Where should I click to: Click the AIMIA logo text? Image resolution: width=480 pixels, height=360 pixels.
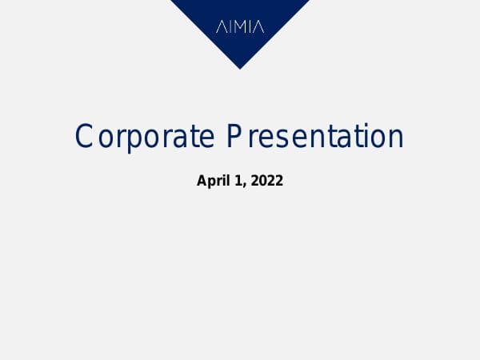tap(240, 27)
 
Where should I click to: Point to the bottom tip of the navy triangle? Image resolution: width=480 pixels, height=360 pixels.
tap(240, 68)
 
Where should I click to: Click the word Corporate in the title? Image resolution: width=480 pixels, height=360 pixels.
tap(145, 137)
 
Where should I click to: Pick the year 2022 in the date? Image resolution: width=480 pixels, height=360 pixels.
tap(267, 181)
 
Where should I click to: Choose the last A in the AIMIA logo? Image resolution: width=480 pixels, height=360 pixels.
tap(258, 27)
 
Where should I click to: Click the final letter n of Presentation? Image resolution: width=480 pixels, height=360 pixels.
tap(394, 138)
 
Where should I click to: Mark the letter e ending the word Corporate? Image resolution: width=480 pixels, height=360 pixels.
tap(206, 138)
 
